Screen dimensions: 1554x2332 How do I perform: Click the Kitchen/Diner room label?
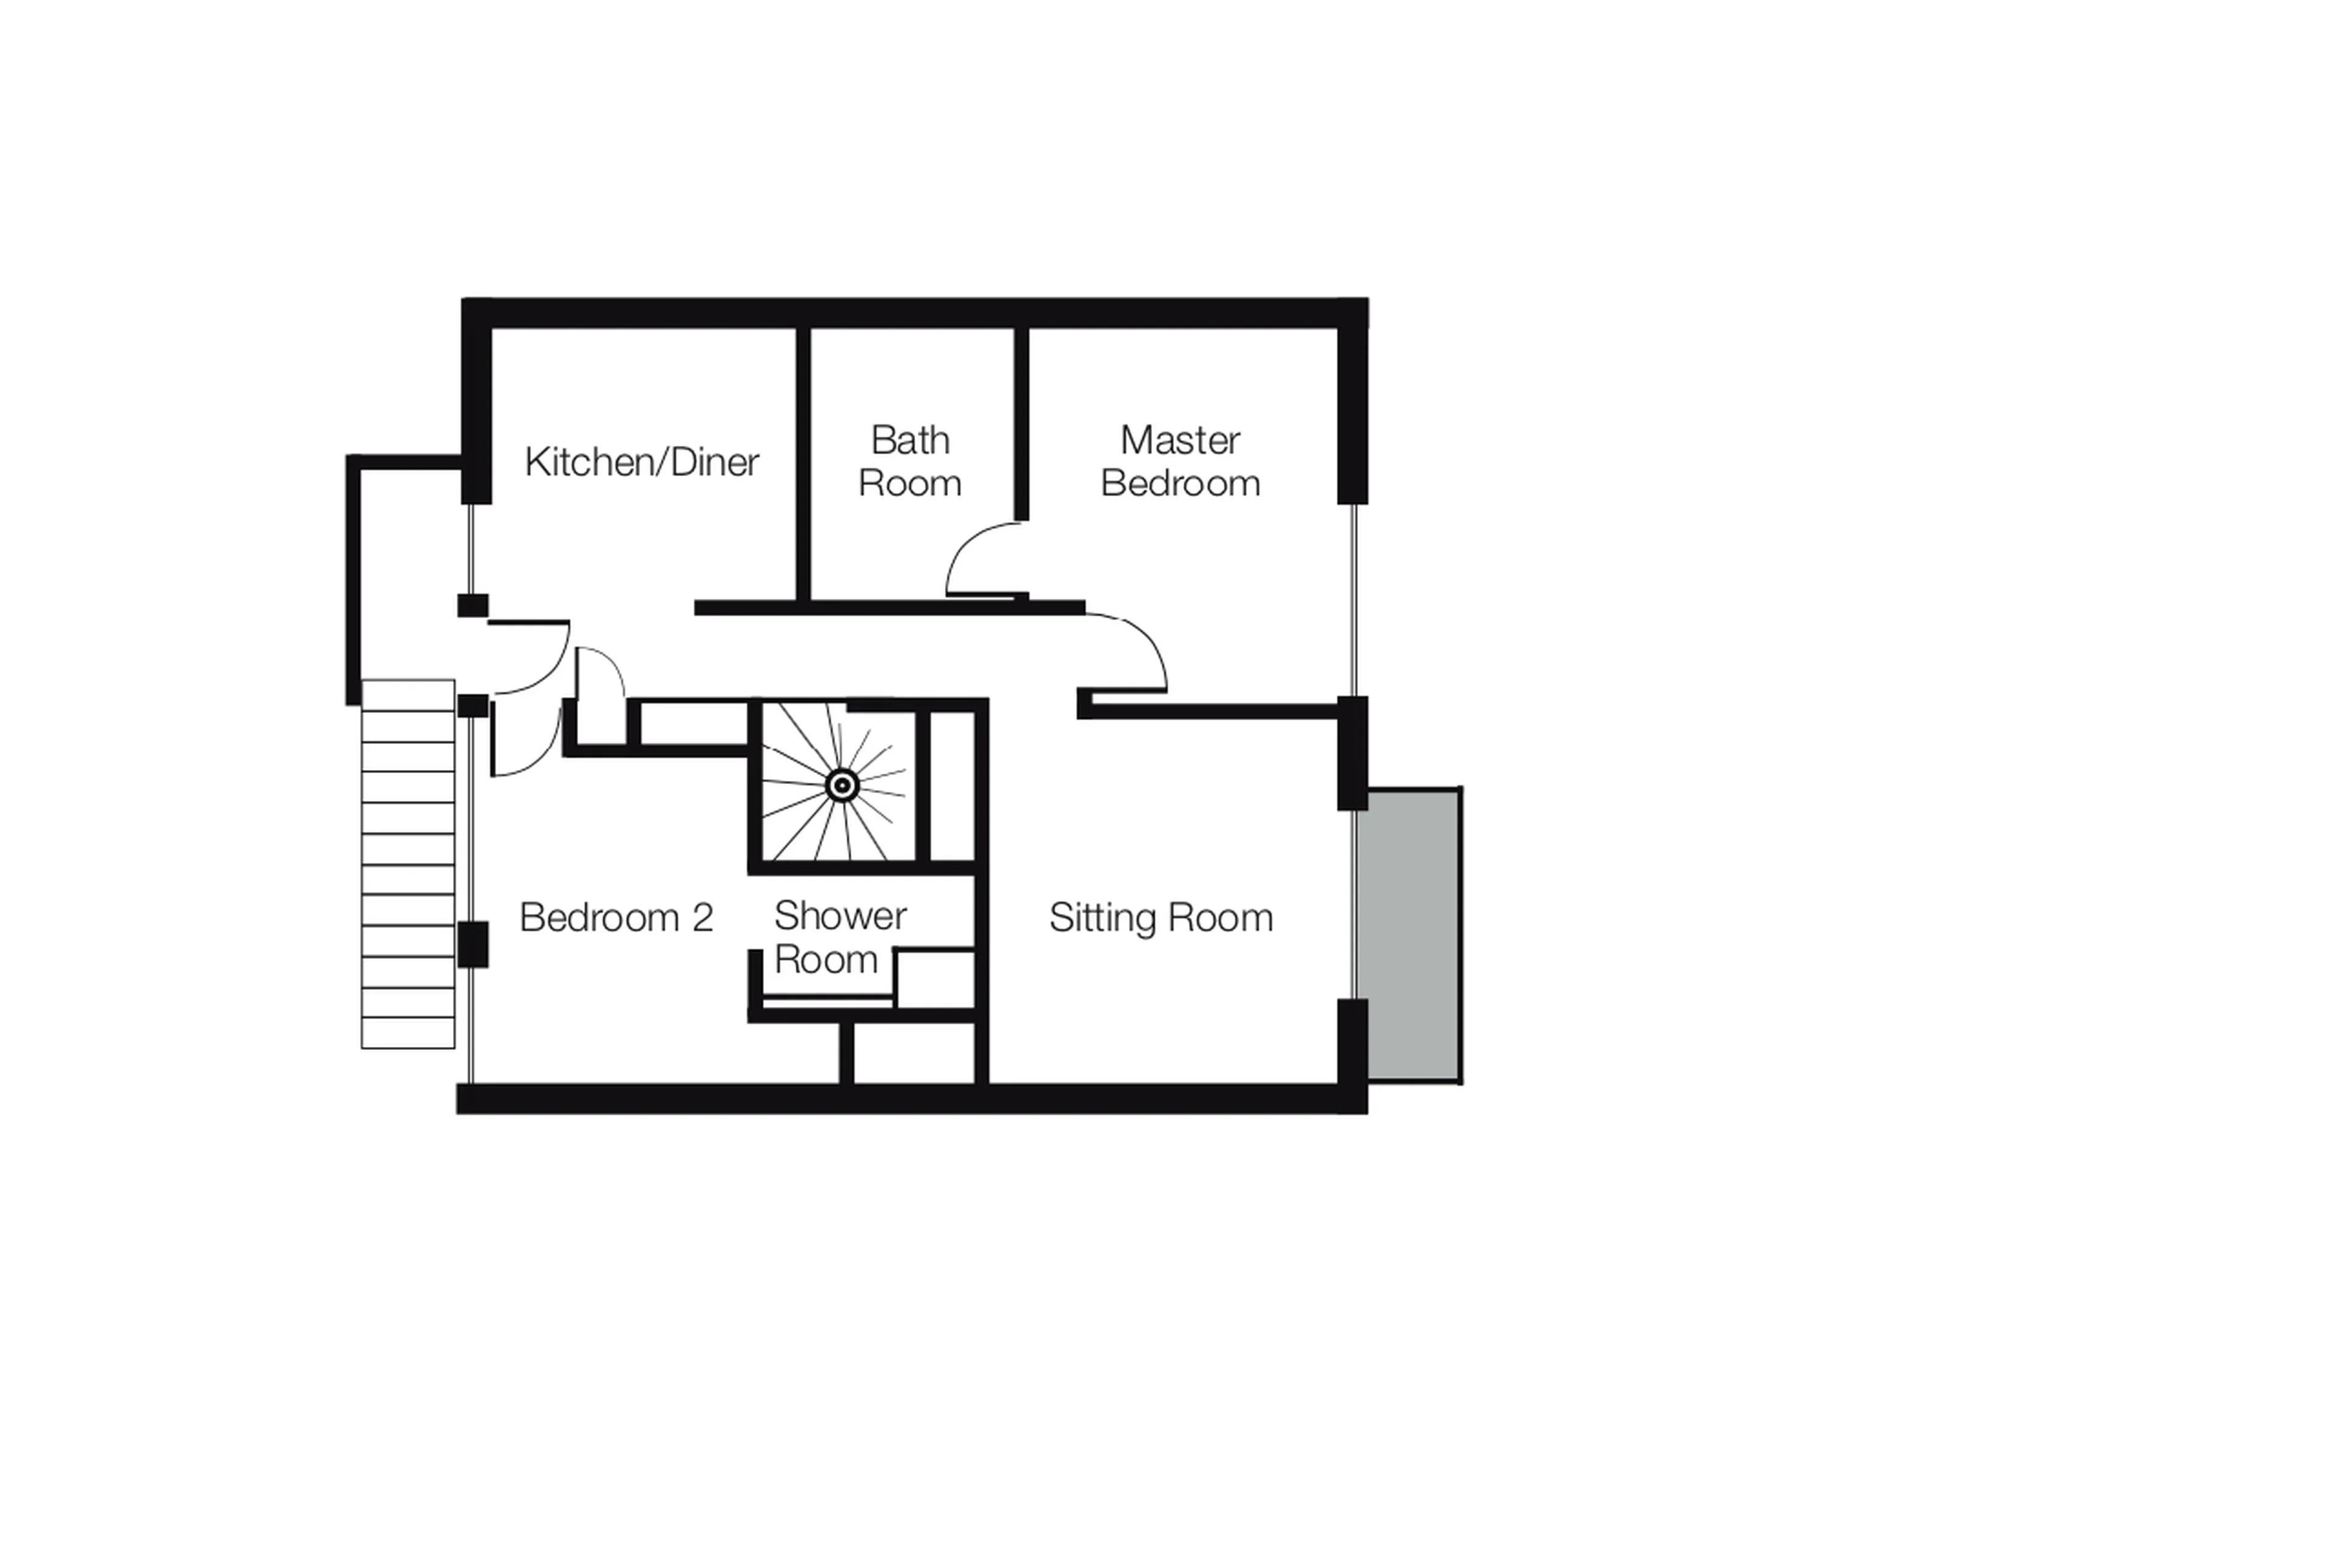point(641,462)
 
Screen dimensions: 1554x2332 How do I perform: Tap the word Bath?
point(910,440)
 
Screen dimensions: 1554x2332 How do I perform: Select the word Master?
point(1179,440)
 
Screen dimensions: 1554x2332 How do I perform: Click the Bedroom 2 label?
point(615,918)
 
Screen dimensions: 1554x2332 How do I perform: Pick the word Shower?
point(839,916)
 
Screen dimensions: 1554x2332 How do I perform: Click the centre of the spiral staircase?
point(842,786)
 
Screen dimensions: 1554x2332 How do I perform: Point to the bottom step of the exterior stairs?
point(407,1033)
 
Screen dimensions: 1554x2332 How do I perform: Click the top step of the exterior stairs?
point(407,695)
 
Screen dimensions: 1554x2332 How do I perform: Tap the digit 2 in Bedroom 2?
point(703,918)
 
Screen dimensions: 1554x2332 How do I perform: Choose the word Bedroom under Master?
point(1179,483)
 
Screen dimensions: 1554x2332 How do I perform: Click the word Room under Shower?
point(825,959)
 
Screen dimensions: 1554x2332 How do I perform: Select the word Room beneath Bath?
point(910,483)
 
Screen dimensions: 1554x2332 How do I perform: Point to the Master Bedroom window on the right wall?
point(1353,599)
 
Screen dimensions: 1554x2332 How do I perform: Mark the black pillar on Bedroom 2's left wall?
point(472,944)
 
